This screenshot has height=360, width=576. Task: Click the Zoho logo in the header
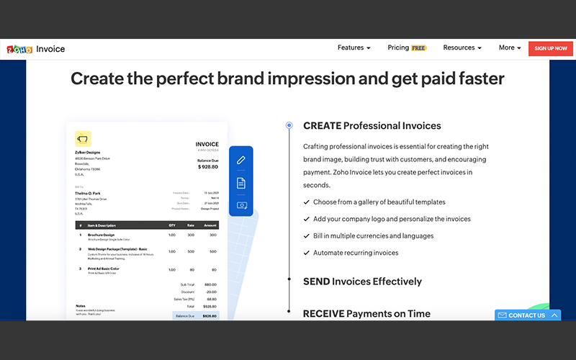19,49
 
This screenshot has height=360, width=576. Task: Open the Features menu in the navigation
354,48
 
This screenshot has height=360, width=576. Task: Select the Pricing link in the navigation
398,48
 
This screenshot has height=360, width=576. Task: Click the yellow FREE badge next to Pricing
419,48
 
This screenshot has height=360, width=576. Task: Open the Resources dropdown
462,48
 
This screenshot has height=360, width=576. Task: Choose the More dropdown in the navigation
510,48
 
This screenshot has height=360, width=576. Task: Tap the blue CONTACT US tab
527,315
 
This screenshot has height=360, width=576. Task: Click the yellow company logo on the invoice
83,138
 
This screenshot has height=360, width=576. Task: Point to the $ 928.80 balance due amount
208,166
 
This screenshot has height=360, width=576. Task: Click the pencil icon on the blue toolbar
241,161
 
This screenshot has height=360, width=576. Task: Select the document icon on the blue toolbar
241,183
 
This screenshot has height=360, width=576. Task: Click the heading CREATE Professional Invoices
372,126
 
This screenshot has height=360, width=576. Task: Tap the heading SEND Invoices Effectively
362,282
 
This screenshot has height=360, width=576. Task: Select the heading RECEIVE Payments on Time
366,314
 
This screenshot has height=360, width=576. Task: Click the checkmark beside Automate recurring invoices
307,253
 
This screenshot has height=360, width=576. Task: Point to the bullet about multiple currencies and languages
373,236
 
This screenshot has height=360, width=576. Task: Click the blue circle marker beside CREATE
289,125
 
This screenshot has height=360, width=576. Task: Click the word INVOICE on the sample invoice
207,144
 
